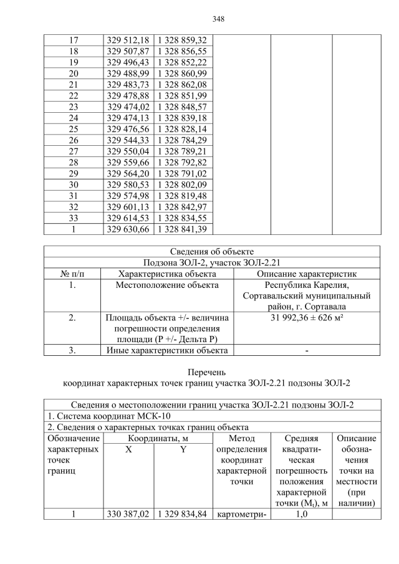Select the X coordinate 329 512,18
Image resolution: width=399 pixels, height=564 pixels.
tap(128, 41)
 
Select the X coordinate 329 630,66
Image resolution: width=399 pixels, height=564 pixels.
tap(128, 229)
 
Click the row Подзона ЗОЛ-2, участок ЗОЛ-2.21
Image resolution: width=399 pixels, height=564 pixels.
tap(211, 262)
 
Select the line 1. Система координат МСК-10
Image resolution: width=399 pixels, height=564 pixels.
tap(109, 416)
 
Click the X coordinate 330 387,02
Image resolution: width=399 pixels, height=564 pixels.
tap(128, 514)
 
